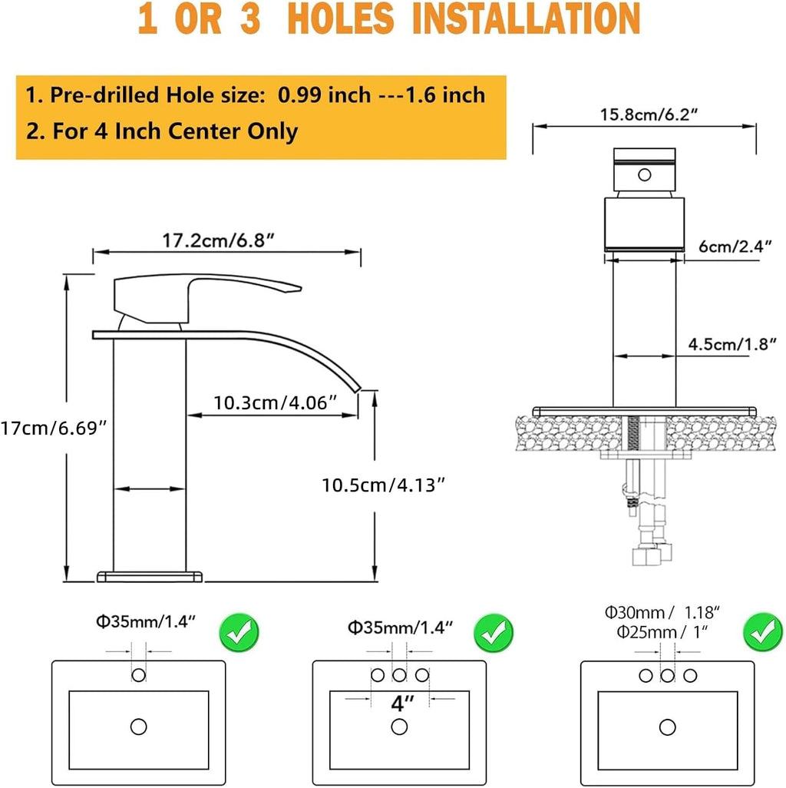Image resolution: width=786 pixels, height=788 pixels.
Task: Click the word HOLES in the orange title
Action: click(x=341, y=18)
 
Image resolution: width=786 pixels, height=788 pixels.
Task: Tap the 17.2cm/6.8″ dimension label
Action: click(x=219, y=240)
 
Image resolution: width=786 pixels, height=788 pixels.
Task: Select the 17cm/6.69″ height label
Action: click(x=54, y=428)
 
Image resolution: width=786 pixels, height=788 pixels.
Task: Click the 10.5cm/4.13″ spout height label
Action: click(x=384, y=485)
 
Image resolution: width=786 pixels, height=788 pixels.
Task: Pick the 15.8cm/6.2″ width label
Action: click(x=649, y=114)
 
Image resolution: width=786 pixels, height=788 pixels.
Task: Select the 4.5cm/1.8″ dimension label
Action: click(x=732, y=344)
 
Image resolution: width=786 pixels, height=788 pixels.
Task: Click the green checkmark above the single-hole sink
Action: click(x=239, y=633)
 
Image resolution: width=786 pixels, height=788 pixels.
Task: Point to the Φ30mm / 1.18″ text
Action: click(x=662, y=613)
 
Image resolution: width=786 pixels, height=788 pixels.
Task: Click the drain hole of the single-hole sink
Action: click(x=139, y=727)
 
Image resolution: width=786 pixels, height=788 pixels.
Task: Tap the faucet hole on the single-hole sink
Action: click(x=139, y=675)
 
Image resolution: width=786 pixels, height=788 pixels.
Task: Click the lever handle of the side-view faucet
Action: click(x=207, y=297)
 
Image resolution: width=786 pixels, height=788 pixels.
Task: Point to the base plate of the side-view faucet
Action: click(x=150, y=577)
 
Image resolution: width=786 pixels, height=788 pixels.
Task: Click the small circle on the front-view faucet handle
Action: click(x=644, y=175)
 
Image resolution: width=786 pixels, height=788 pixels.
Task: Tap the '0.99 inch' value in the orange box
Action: click(x=325, y=94)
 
